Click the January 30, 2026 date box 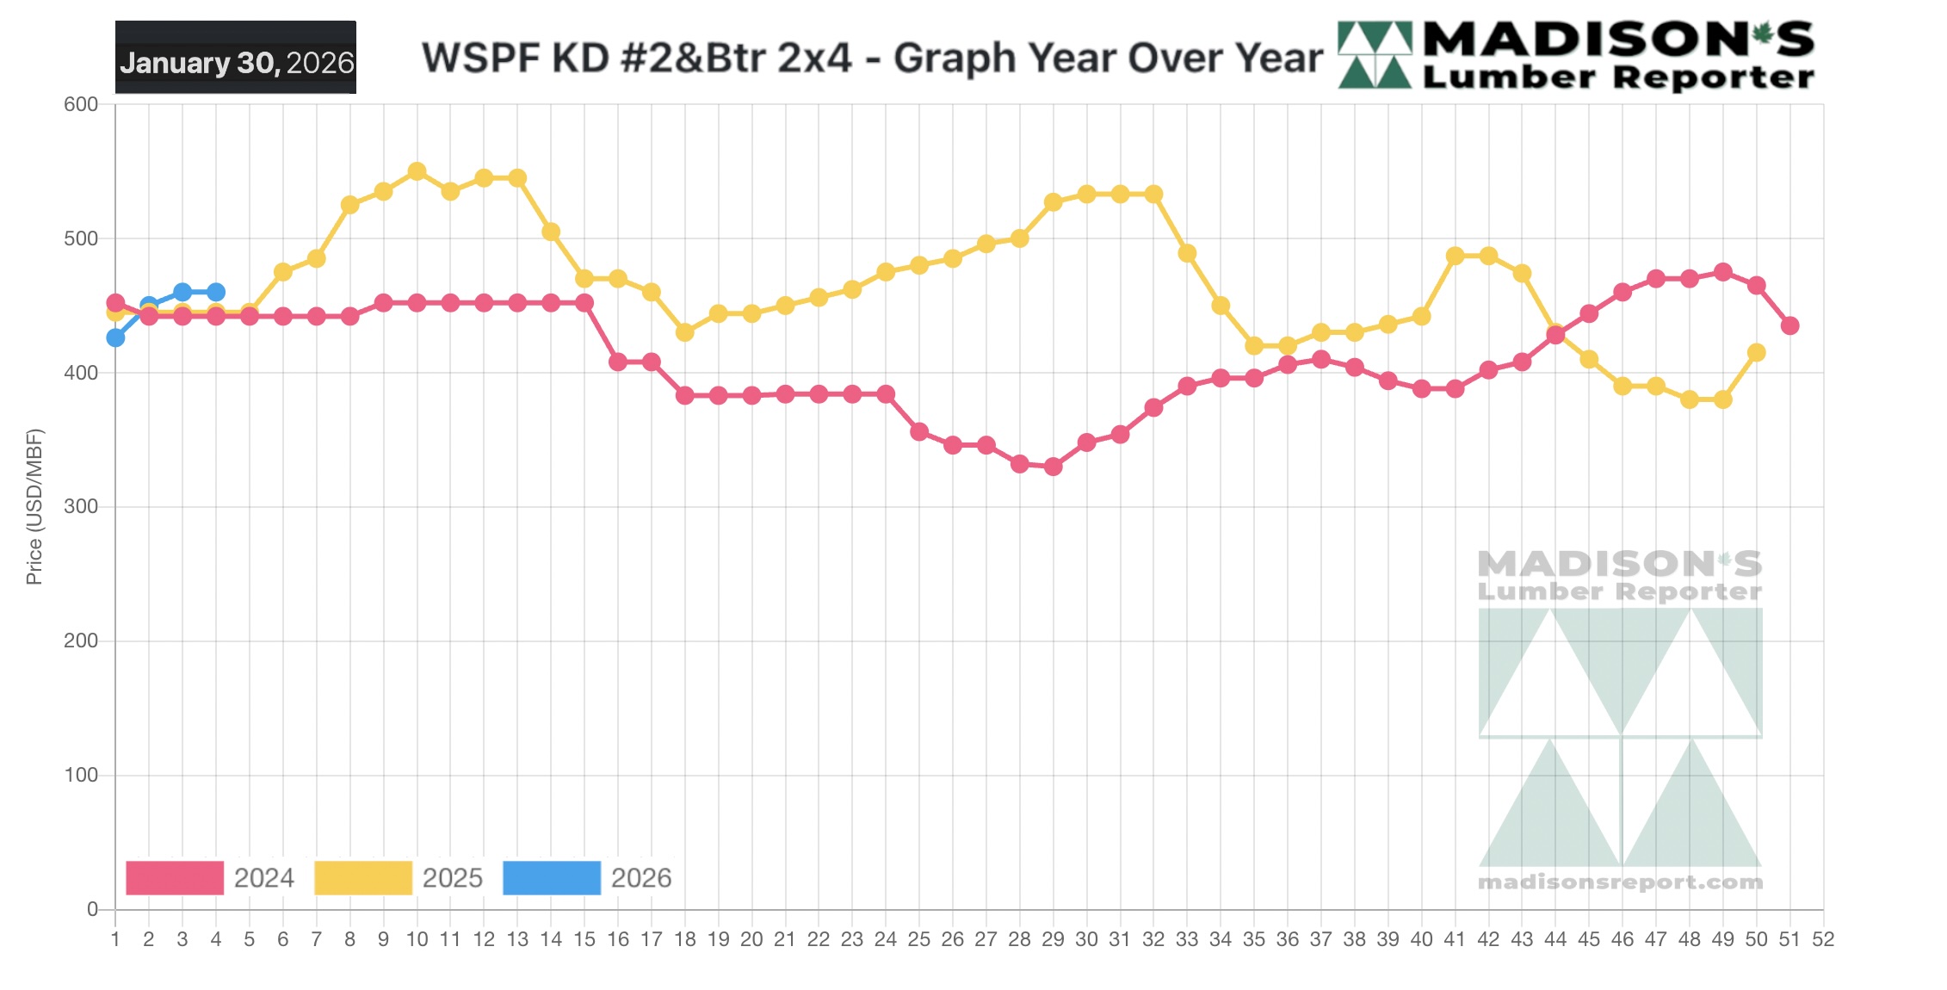(236, 59)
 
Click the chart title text (871, 59)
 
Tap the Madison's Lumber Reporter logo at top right (1576, 56)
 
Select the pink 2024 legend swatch (175, 877)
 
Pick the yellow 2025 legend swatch (363, 877)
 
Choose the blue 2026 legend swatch (552, 877)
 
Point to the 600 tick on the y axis (81, 104)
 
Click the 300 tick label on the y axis (81, 506)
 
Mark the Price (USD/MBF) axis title (34, 506)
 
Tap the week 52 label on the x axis (1823, 939)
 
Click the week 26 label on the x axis (952, 939)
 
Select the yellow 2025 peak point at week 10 (417, 171)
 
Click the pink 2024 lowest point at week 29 (1053, 467)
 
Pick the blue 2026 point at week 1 (115, 337)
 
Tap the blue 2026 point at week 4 (216, 292)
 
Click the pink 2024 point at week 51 (1789, 325)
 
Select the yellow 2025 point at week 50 (1757, 352)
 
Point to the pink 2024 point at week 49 (1723, 272)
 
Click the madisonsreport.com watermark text (1620, 882)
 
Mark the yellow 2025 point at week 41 (1455, 256)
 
